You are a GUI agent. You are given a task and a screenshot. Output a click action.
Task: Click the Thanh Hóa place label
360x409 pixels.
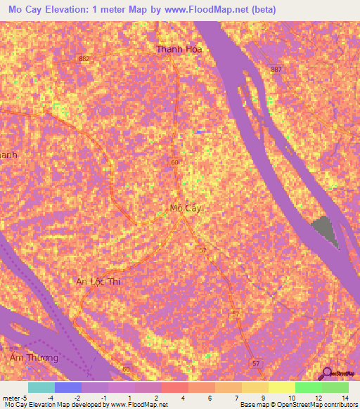tap(179, 49)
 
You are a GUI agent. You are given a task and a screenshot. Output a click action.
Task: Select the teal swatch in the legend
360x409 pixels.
tap(41, 387)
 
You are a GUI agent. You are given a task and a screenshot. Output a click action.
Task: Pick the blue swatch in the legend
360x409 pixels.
tap(68, 387)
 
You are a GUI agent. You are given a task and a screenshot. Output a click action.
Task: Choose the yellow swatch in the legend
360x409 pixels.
tap(281, 387)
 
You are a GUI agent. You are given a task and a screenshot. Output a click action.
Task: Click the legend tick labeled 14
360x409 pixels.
tap(345, 397)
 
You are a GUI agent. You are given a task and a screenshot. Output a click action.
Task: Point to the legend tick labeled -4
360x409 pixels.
tap(51, 397)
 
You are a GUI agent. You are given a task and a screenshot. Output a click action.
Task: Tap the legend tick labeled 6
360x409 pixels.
tap(211, 397)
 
